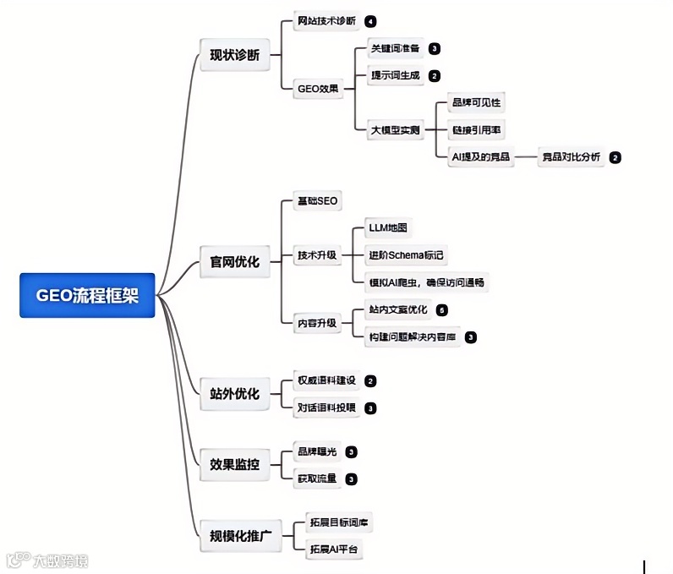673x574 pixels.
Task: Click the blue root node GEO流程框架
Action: click(87, 295)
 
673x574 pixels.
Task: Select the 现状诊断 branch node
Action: click(234, 57)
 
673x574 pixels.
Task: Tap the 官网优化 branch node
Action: click(234, 261)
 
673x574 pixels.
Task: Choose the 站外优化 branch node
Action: click(234, 393)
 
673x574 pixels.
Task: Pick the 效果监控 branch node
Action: click(234, 463)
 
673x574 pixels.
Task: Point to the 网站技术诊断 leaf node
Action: click(326, 21)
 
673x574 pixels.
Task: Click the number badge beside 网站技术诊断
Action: click(370, 21)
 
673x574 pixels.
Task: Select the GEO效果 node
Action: click(318, 87)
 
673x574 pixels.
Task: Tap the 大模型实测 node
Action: click(396, 130)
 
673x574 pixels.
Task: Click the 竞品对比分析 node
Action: click(571, 156)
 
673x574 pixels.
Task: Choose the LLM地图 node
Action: click(389, 228)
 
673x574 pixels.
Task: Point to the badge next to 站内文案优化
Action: click(442, 310)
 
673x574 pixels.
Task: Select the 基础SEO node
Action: click(316, 201)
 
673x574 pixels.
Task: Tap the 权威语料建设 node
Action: click(326, 381)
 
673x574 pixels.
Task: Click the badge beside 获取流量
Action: click(351, 479)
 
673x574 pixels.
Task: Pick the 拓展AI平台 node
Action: click(334, 549)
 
